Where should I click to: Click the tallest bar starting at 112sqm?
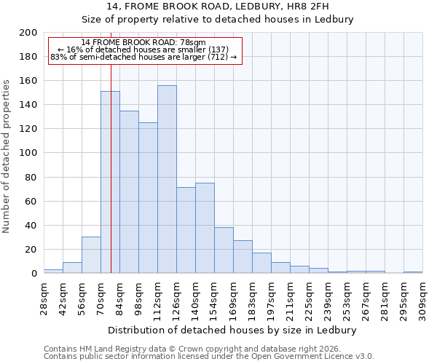coord(167,179)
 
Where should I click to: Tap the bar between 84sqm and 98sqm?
coord(129,191)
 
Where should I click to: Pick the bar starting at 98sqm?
coord(148,197)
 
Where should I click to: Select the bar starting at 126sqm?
coord(186,230)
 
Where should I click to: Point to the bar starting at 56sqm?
coord(91,255)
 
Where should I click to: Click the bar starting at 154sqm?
coord(224,250)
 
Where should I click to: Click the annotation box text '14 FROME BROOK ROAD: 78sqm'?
coord(143,43)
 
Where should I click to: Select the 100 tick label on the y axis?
coord(28,153)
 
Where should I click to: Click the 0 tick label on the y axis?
coord(34,274)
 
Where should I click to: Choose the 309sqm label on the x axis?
coord(422,298)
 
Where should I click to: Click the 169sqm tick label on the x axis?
coord(233,299)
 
